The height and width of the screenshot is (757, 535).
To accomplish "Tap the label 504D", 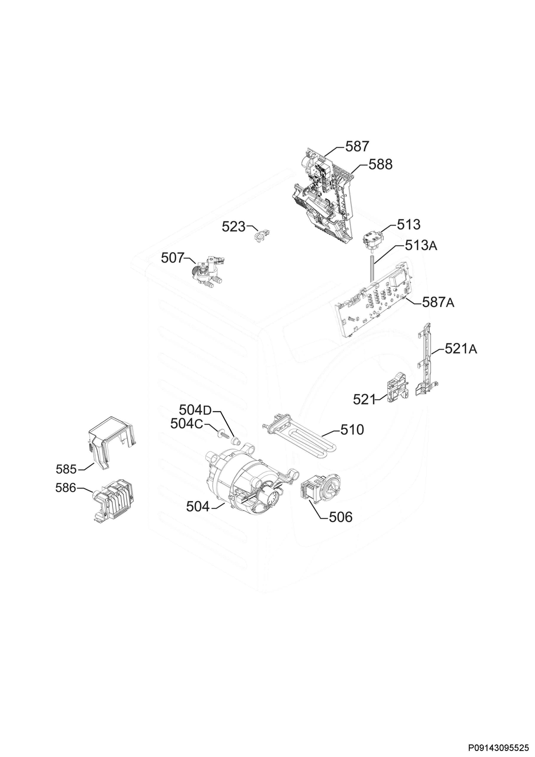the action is pos(195,410).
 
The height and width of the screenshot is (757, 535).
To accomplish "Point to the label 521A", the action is pos(461,349).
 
